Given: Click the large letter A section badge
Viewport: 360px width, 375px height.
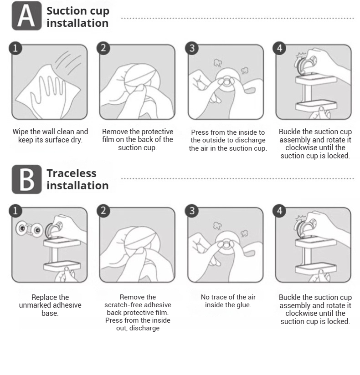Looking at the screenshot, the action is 26,16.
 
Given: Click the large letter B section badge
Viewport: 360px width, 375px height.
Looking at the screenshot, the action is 26,179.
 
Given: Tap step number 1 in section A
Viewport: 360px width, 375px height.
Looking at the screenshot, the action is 15,48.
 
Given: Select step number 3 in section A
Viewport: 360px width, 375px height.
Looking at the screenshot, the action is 192,48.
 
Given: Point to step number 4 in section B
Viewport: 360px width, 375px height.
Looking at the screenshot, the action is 279,211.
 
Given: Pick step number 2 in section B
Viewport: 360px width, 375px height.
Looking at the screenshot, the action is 103,211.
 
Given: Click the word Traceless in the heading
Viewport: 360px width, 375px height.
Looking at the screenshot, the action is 72,173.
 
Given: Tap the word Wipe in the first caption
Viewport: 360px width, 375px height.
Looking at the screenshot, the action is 21,132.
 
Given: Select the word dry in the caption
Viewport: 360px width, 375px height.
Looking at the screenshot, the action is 77,140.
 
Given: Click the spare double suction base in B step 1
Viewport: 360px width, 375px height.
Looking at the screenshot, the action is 29,229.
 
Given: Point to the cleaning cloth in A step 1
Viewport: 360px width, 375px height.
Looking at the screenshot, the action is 48,92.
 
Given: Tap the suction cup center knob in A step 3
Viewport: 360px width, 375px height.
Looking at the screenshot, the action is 226,82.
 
